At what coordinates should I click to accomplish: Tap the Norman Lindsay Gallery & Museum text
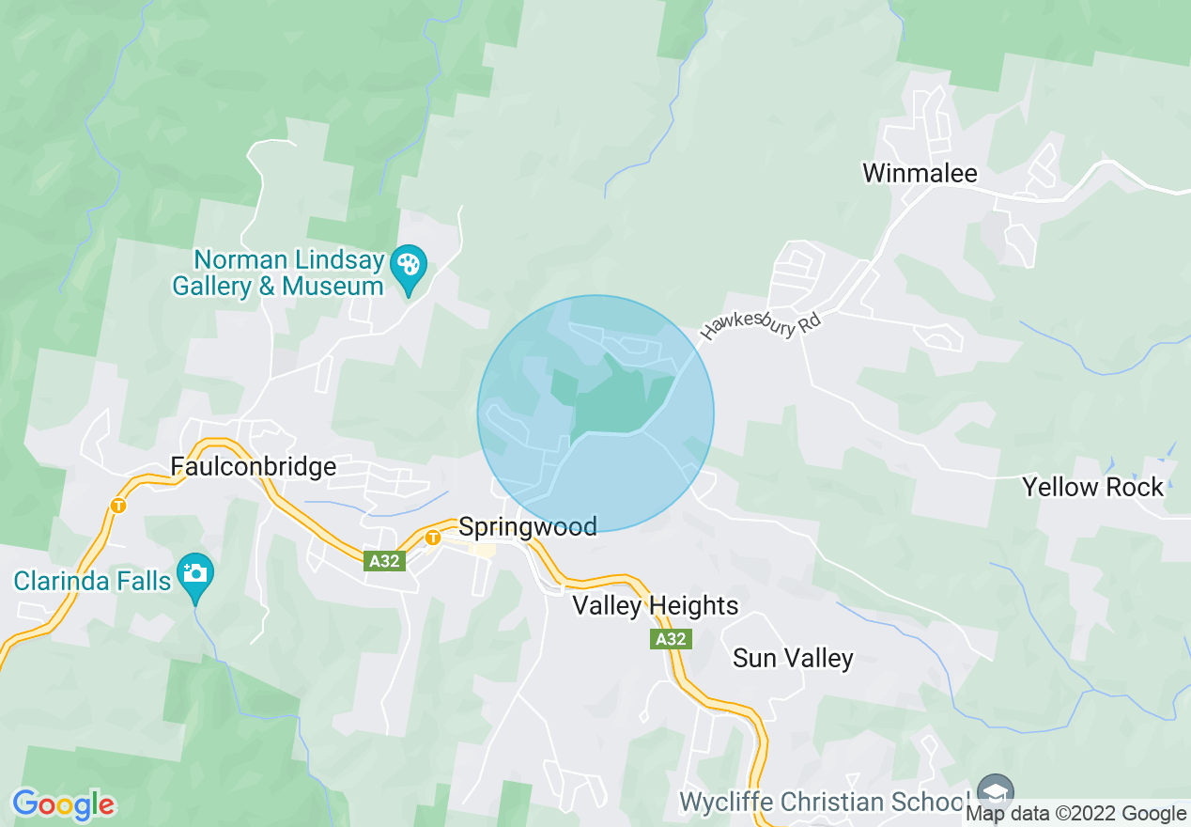(278, 273)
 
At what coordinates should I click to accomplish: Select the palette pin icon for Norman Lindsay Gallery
(409, 264)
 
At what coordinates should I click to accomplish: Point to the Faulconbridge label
(253, 466)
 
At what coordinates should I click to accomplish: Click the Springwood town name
(527, 526)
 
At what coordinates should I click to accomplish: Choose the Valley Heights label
(656, 606)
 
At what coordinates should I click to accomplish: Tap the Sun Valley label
(793, 658)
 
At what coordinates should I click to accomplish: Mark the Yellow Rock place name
(1092, 487)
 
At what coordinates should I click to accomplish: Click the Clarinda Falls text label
(92, 581)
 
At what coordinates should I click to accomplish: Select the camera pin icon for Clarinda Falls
(195, 571)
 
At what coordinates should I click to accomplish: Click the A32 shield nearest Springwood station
(383, 561)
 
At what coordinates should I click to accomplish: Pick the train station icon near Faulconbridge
(117, 506)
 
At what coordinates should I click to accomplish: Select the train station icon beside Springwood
(432, 538)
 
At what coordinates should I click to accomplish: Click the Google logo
(64, 804)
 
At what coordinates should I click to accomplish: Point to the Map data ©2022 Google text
(1076, 814)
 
